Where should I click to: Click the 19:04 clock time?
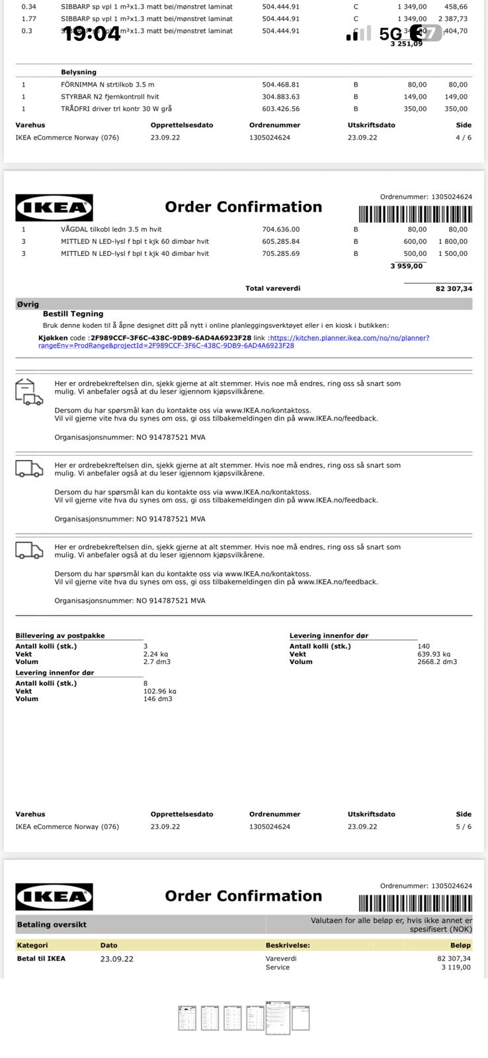tap(92, 34)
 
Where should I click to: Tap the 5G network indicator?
tap(390, 34)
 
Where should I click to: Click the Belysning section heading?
tap(79, 72)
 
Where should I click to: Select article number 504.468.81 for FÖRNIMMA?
tap(280, 85)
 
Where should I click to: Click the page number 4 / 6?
tap(464, 138)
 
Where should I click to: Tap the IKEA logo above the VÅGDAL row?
tap(54, 208)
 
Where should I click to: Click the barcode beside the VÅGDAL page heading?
tap(415, 214)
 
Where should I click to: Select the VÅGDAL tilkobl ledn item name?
tap(111, 229)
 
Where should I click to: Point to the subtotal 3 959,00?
tap(406, 266)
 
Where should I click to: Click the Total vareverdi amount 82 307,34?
tap(454, 288)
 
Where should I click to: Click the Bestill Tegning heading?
tap(73, 314)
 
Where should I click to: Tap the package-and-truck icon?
tap(28, 391)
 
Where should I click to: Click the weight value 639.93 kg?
tap(434, 654)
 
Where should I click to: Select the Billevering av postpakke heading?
tap(60, 635)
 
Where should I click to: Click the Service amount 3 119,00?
tap(456, 967)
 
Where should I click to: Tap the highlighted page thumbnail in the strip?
tap(278, 1017)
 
